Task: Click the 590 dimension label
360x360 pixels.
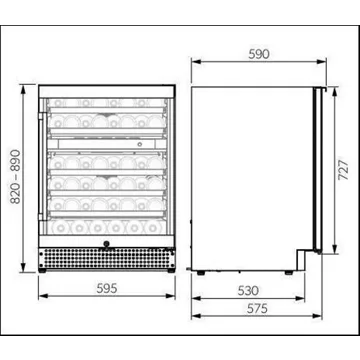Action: pos(259,54)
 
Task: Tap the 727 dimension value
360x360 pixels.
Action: pos(343,170)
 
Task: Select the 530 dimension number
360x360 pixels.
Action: pos(248,291)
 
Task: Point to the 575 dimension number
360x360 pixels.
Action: pos(257,308)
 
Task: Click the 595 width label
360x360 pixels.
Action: pos(107,288)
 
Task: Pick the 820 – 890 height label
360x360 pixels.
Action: pos(15,177)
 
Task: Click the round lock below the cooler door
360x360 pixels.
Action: pos(107,244)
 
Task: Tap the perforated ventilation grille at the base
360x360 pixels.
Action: pos(107,258)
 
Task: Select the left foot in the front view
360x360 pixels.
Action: pos(42,270)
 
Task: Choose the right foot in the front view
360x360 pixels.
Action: pos(171,270)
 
